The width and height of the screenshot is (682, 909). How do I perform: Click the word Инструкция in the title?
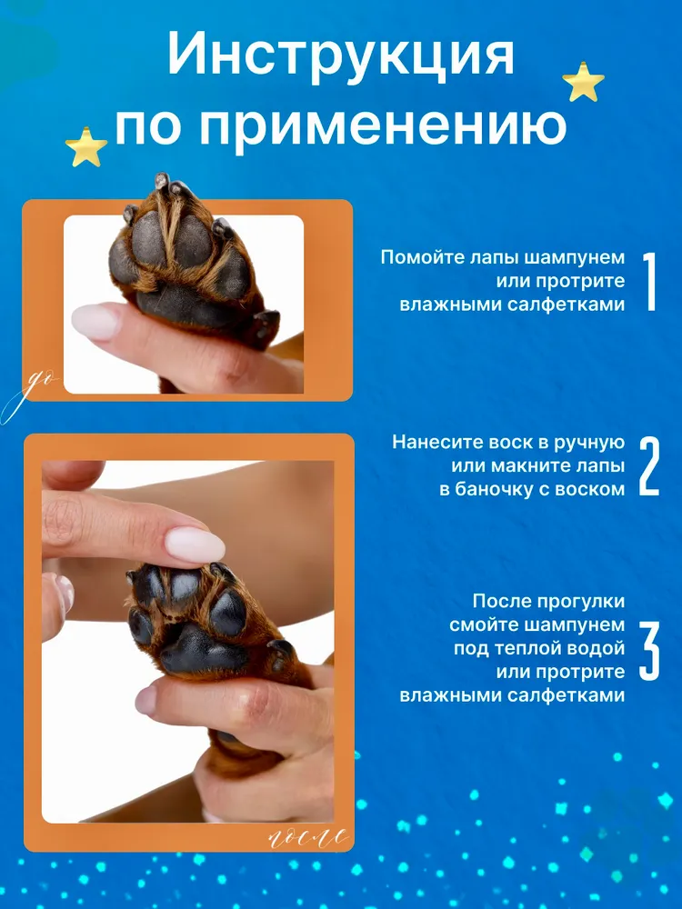(x=341, y=55)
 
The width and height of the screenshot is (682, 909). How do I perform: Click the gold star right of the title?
(x=584, y=82)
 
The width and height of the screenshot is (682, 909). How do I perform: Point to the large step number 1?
(x=649, y=282)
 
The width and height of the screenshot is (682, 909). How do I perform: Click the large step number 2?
(x=649, y=466)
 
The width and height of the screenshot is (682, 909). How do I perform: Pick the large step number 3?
(x=649, y=651)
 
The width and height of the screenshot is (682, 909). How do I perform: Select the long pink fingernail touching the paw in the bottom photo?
(x=195, y=544)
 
